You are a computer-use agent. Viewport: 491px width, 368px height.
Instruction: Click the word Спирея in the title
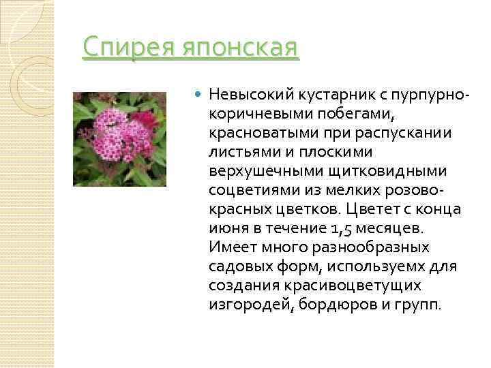[125, 49]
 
